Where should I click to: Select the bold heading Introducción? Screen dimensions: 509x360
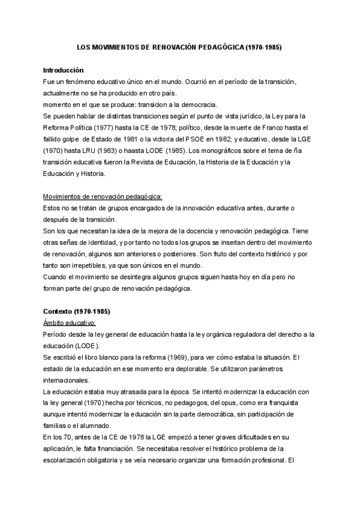(64, 70)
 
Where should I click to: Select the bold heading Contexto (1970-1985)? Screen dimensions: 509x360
(77, 312)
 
